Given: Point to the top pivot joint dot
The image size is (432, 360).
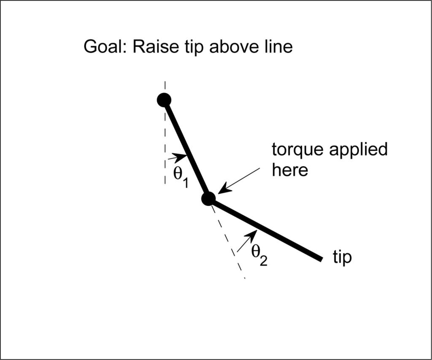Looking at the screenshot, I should pyautogui.click(x=164, y=100).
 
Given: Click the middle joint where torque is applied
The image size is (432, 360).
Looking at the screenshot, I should pyautogui.click(x=208, y=198).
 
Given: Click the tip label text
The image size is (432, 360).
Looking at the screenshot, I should pyautogui.click(x=342, y=257).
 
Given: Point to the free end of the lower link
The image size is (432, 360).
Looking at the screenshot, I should pyautogui.click(x=321, y=258).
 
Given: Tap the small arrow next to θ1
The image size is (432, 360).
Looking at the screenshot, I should pyautogui.click(x=179, y=157).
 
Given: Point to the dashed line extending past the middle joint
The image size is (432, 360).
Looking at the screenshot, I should pyautogui.click(x=230, y=245).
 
